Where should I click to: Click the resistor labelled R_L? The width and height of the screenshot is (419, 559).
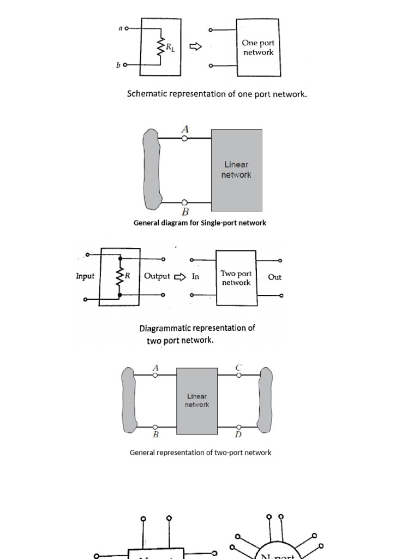click(x=161, y=47)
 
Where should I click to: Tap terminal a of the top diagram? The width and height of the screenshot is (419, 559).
click(x=127, y=28)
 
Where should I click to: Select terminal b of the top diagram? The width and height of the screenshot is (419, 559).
click(x=125, y=65)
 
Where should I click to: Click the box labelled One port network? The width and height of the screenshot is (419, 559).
click(x=258, y=47)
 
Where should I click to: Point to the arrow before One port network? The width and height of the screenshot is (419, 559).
click(x=195, y=47)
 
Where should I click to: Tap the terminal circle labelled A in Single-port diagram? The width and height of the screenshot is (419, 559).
click(x=185, y=139)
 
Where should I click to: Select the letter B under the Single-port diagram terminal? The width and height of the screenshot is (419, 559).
click(x=185, y=212)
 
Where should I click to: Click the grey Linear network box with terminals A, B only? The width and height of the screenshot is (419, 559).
click(x=237, y=170)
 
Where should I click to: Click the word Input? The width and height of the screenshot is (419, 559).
click(x=85, y=276)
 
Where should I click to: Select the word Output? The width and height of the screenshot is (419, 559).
click(x=157, y=276)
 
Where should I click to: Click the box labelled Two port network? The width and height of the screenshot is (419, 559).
click(x=236, y=278)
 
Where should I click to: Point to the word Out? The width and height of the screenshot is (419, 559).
click(x=275, y=277)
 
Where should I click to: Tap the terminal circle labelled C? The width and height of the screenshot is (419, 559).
click(x=238, y=375)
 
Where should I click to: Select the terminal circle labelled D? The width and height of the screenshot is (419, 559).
click(x=238, y=427)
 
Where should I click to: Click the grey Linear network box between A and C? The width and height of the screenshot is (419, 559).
click(x=197, y=401)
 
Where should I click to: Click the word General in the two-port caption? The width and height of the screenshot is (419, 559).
click(x=142, y=453)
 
